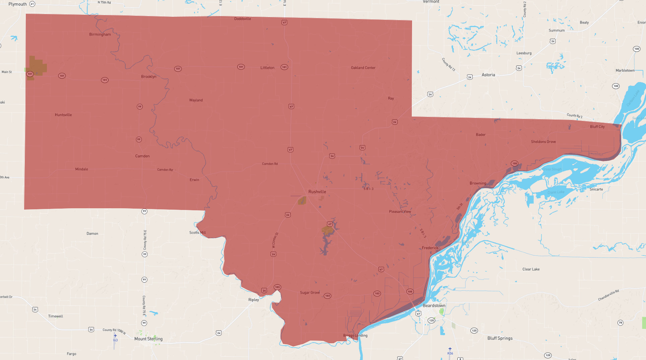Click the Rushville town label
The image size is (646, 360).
pyautogui.click(x=317, y=192)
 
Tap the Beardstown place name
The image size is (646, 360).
pyautogui.click(x=434, y=306)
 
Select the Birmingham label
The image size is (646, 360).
pyautogui.click(x=100, y=34)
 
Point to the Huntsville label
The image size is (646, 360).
pyautogui.click(x=63, y=115)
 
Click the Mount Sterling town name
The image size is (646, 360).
pyautogui.click(x=148, y=339)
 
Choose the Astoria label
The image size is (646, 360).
pyautogui.click(x=488, y=75)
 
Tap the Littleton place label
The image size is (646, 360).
pyautogui.click(x=267, y=68)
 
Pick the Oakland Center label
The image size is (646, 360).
pyautogui.click(x=363, y=68)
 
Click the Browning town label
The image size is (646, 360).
pyautogui.click(x=478, y=183)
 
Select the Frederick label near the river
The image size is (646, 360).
pyautogui.click(x=430, y=248)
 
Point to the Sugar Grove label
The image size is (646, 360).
pyautogui.click(x=310, y=293)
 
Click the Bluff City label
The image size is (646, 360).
pyautogui.click(x=597, y=127)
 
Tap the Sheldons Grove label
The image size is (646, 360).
pyautogui.click(x=543, y=142)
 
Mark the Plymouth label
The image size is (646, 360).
pyautogui.click(x=17, y=4)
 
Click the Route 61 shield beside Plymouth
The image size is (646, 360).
pyautogui.click(x=32, y=4)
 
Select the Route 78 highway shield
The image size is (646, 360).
pyautogui.click(x=621, y=323)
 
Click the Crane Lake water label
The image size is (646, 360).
pyautogui.click(x=556, y=192)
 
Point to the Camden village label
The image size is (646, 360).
pyautogui.click(x=142, y=156)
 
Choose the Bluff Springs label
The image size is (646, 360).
pyautogui.click(x=500, y=338)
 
